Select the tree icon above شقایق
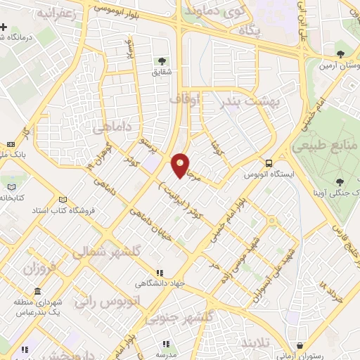click(163, 60)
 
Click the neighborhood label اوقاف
click(185, 101)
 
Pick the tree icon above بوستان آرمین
click(340, 53)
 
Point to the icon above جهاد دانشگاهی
click(160, 273)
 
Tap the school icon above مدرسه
click(166, 345)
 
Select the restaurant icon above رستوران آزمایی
click(301, 345)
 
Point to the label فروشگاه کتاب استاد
click(59, 210)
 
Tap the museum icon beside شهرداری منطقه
click(37, 291)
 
